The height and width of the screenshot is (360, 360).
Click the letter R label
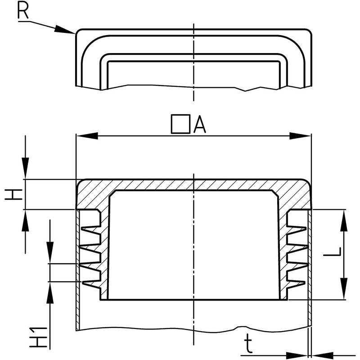[x=23, y=10]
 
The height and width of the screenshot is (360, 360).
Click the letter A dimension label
[x=199, y=125]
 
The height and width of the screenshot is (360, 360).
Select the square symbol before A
[x=180, y=124]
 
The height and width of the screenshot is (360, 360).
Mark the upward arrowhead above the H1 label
[x=50, y=290]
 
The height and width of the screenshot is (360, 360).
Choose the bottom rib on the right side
[x=297, y=284]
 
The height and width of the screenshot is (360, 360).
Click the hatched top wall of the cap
[x=193, y=184]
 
